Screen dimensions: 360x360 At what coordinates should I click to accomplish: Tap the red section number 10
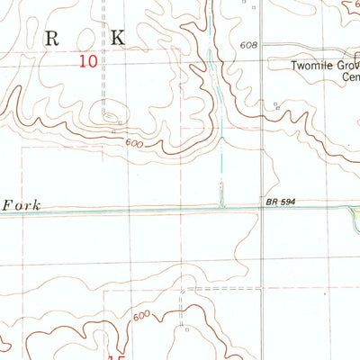pos(87,61)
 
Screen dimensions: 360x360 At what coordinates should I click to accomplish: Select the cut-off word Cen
pos(349,77)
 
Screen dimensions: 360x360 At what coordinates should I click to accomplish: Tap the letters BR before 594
pos(271,203)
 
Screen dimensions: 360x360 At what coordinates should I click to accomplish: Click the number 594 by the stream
pos(287,203)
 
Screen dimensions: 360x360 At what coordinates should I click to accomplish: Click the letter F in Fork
pos(6,204)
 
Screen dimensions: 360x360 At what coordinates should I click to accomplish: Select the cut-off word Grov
pos(346,66)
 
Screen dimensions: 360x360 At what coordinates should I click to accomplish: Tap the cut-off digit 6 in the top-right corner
pos(355,4)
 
